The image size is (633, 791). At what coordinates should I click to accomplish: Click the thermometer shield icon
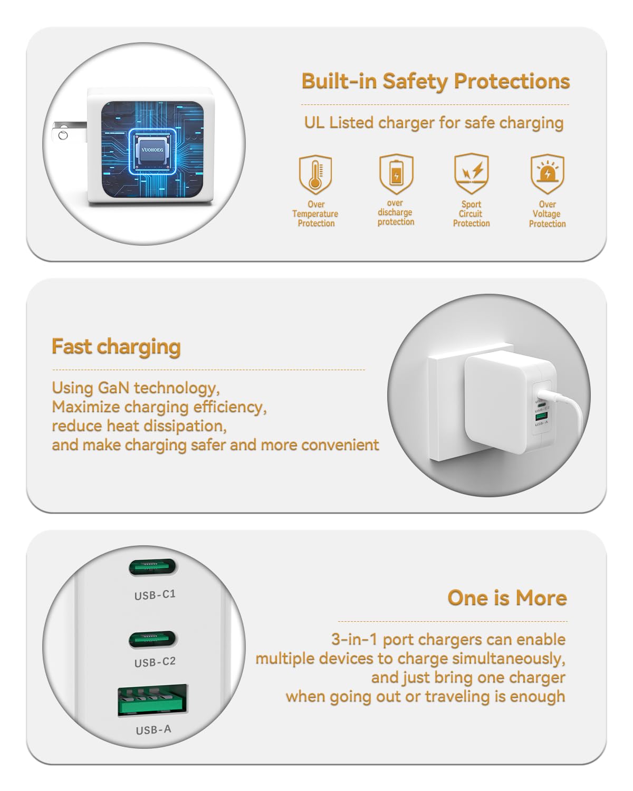tap(315, 174)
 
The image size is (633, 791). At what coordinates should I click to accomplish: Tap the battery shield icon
tap(396, 174)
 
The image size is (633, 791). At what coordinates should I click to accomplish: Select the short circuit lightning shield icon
tap(471, 173)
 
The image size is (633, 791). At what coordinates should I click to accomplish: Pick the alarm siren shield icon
tap(547, 173)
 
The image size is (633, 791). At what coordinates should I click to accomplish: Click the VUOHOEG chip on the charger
tap(152, 150)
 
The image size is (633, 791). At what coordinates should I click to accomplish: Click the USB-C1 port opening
tap(153, 567)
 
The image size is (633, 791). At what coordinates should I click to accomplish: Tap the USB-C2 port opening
tap(153, 640)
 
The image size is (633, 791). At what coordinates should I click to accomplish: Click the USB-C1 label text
tap(155, 595)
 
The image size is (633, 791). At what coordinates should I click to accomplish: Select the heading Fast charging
tap(116, 348)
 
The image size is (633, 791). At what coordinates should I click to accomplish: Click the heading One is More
tap(507, 597)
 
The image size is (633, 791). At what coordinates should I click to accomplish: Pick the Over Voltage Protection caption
tap(548, 214)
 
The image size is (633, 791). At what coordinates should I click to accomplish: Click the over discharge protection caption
tap(396, 213)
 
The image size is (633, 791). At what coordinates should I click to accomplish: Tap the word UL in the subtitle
tap(314, 122)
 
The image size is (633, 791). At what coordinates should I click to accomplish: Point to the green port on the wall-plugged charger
tap(541, 416)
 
